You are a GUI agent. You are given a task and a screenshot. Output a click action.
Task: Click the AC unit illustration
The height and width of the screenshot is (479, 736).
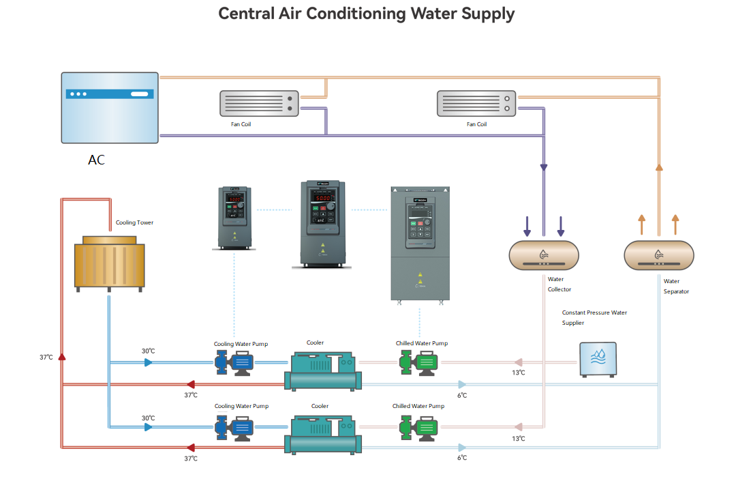[110, 108]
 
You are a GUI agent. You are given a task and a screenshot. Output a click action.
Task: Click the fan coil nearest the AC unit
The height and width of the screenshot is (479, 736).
[260, 104]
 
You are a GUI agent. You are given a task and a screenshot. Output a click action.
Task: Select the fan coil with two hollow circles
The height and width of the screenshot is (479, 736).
[476, 104]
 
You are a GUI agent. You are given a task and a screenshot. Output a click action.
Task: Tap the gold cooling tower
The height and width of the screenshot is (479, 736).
[109, 263]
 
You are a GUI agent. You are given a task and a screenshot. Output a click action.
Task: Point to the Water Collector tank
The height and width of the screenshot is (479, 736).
[544, 255]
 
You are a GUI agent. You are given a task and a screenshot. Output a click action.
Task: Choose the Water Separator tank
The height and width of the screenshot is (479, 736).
[659, 255]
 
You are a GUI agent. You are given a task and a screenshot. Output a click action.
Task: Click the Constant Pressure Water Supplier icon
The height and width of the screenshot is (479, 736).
[598, 359]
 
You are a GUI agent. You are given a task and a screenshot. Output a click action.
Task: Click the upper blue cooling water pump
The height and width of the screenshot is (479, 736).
[234, 362]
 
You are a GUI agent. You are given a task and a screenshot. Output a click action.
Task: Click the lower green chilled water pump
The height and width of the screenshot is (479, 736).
[418, 427]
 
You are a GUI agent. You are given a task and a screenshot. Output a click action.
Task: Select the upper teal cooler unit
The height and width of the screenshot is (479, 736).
[323, 370]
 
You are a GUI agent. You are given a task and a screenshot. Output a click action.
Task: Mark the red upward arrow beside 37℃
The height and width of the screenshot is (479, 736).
[62, 355]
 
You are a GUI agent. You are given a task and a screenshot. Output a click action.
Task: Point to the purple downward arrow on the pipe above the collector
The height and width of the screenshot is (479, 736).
[544, 166]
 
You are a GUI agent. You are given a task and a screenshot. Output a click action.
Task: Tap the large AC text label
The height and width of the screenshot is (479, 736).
[97, 160]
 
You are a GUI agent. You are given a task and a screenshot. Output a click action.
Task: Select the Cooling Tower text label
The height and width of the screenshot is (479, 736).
[134, 222]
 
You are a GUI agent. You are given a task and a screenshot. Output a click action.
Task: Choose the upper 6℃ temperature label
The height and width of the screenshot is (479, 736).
[462, 395]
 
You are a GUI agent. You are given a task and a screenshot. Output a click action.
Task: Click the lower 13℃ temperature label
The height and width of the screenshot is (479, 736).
[519, 438]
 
